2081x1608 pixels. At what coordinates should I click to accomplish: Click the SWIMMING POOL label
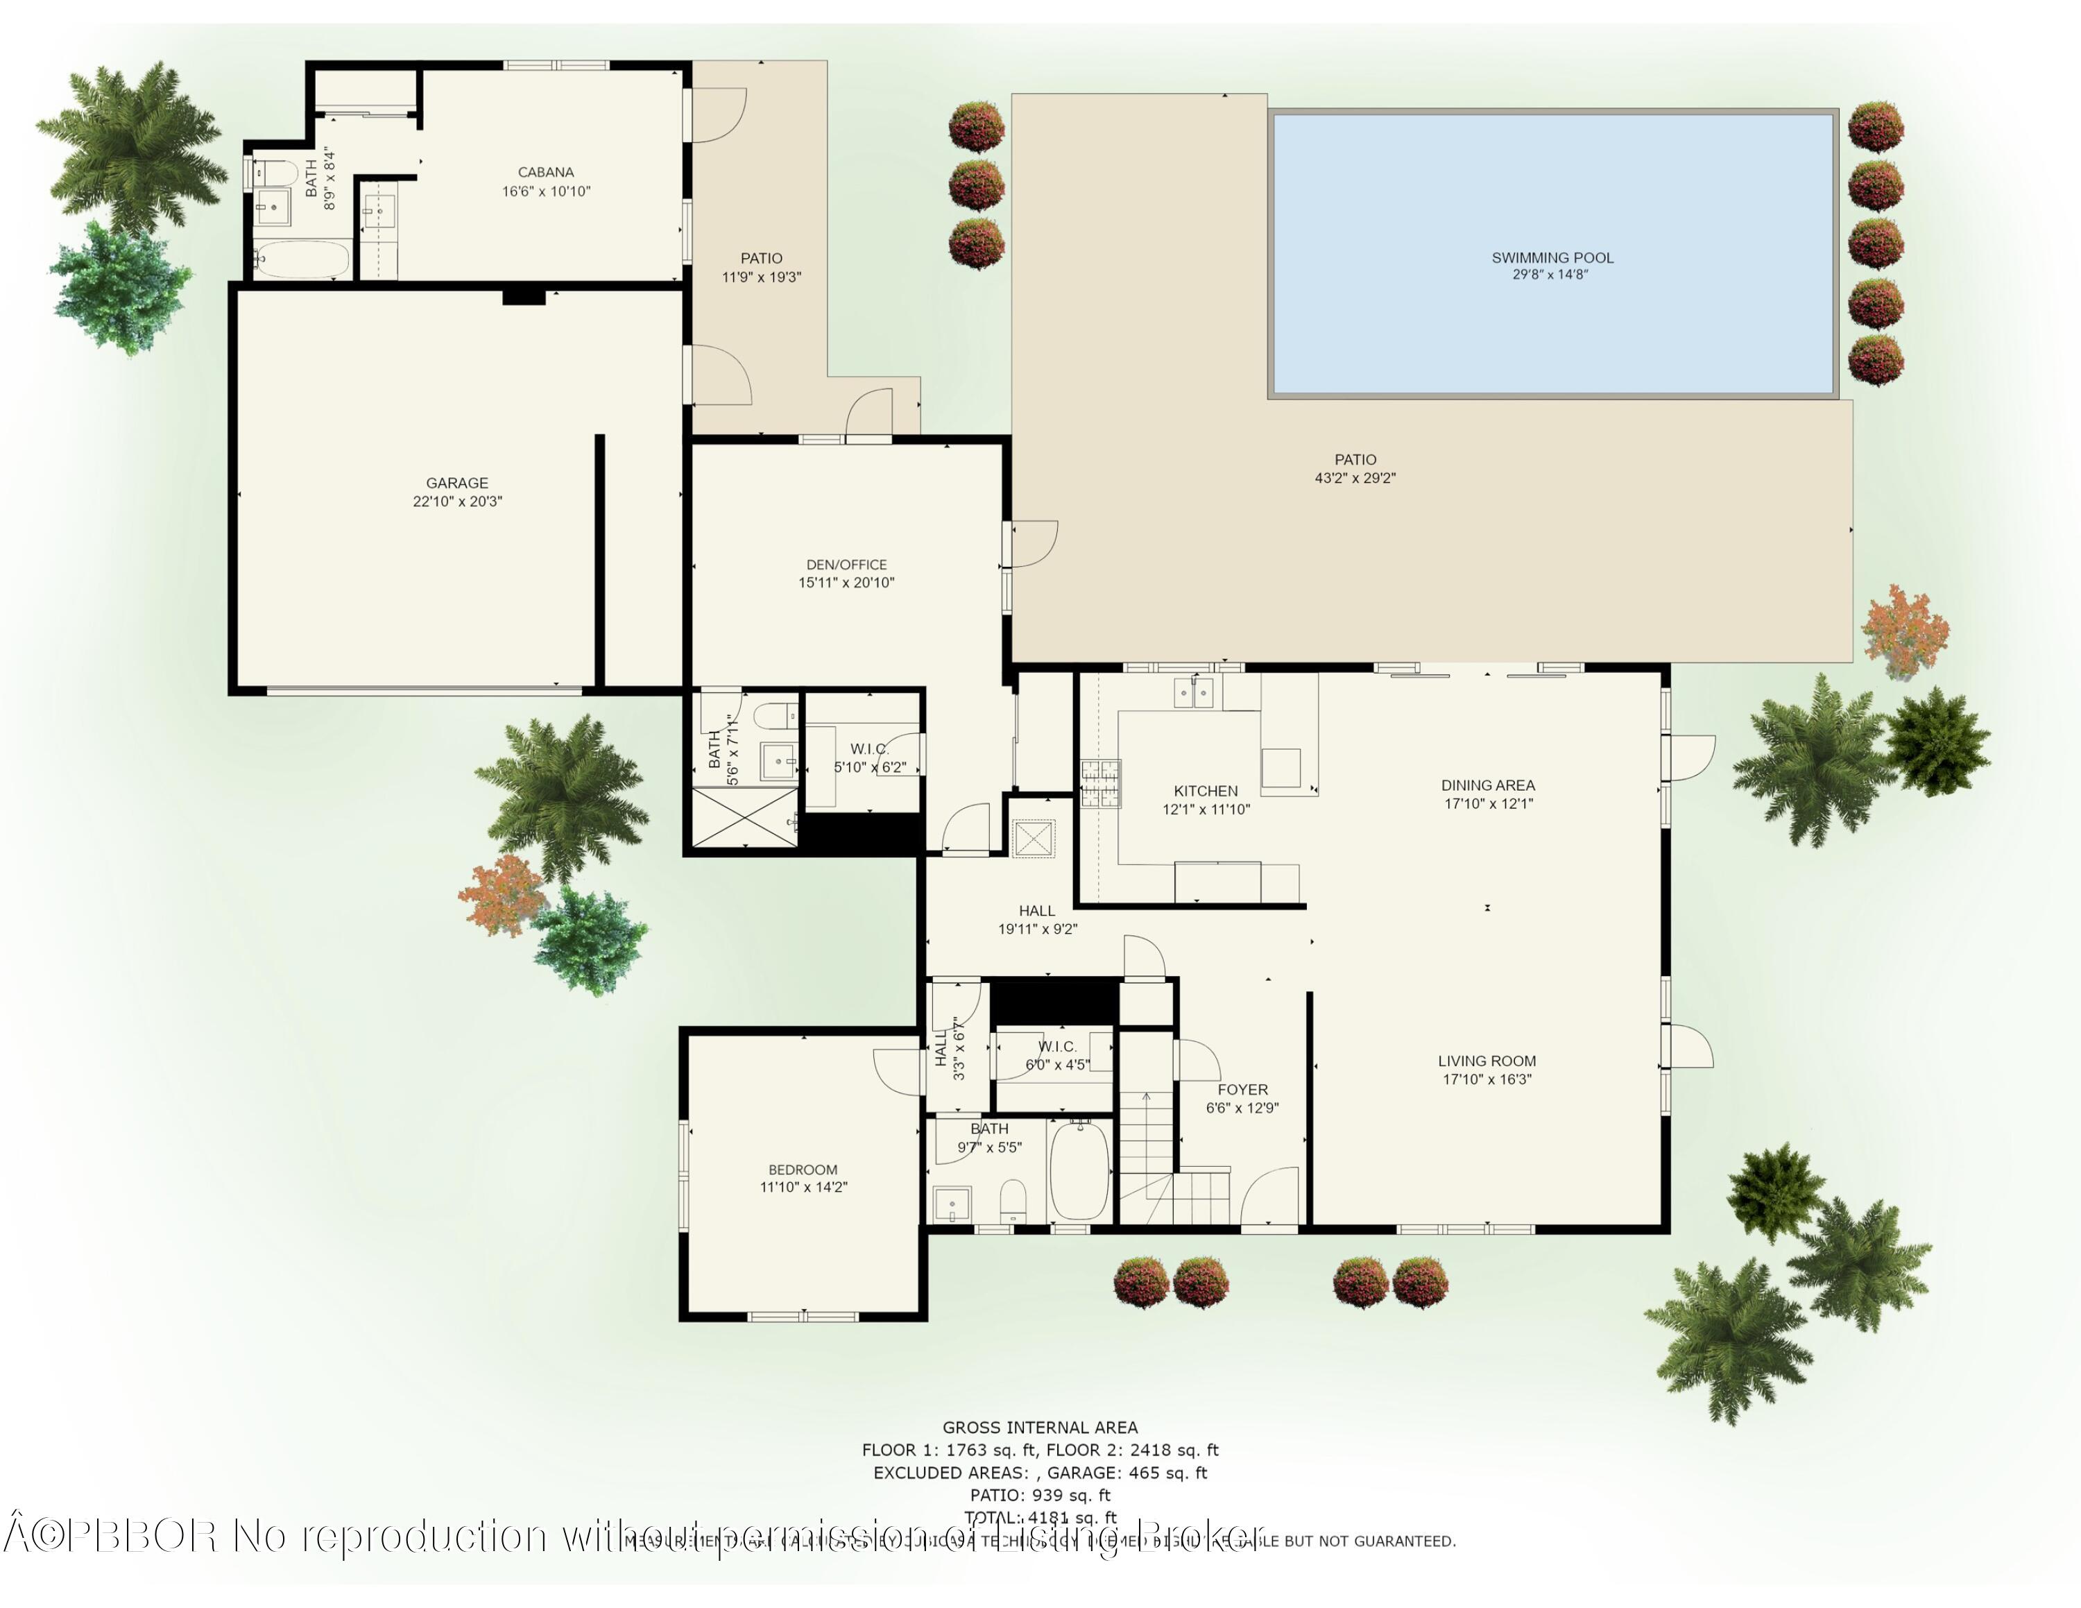click(x=1552, y=257)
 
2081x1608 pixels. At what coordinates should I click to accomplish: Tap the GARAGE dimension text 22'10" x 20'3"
click(x=457, y=501)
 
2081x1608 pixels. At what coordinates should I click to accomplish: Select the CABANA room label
click(x=546, y=173)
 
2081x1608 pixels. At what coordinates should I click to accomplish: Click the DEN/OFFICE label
click(x=846, y=565)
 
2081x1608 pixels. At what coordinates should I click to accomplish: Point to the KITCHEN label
click(x=1206, y=791)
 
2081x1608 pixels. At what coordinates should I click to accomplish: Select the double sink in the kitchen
click(x=1194, y=692)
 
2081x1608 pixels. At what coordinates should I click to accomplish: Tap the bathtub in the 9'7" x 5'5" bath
click(x=1079, y=1172)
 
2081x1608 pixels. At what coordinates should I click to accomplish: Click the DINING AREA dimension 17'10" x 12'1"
click(x=1487, y=803)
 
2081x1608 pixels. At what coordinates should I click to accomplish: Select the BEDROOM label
click(x=803, y=1170)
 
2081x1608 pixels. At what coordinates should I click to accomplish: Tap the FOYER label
click(x=1242, y=1090)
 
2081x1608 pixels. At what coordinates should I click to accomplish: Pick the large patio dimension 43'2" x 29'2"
click(x=1355, y=478)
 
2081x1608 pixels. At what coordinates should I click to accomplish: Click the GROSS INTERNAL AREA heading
click(x=1040, y=1427)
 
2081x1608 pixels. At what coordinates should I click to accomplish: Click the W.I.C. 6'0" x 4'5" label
click(x=1056, y=1056)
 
